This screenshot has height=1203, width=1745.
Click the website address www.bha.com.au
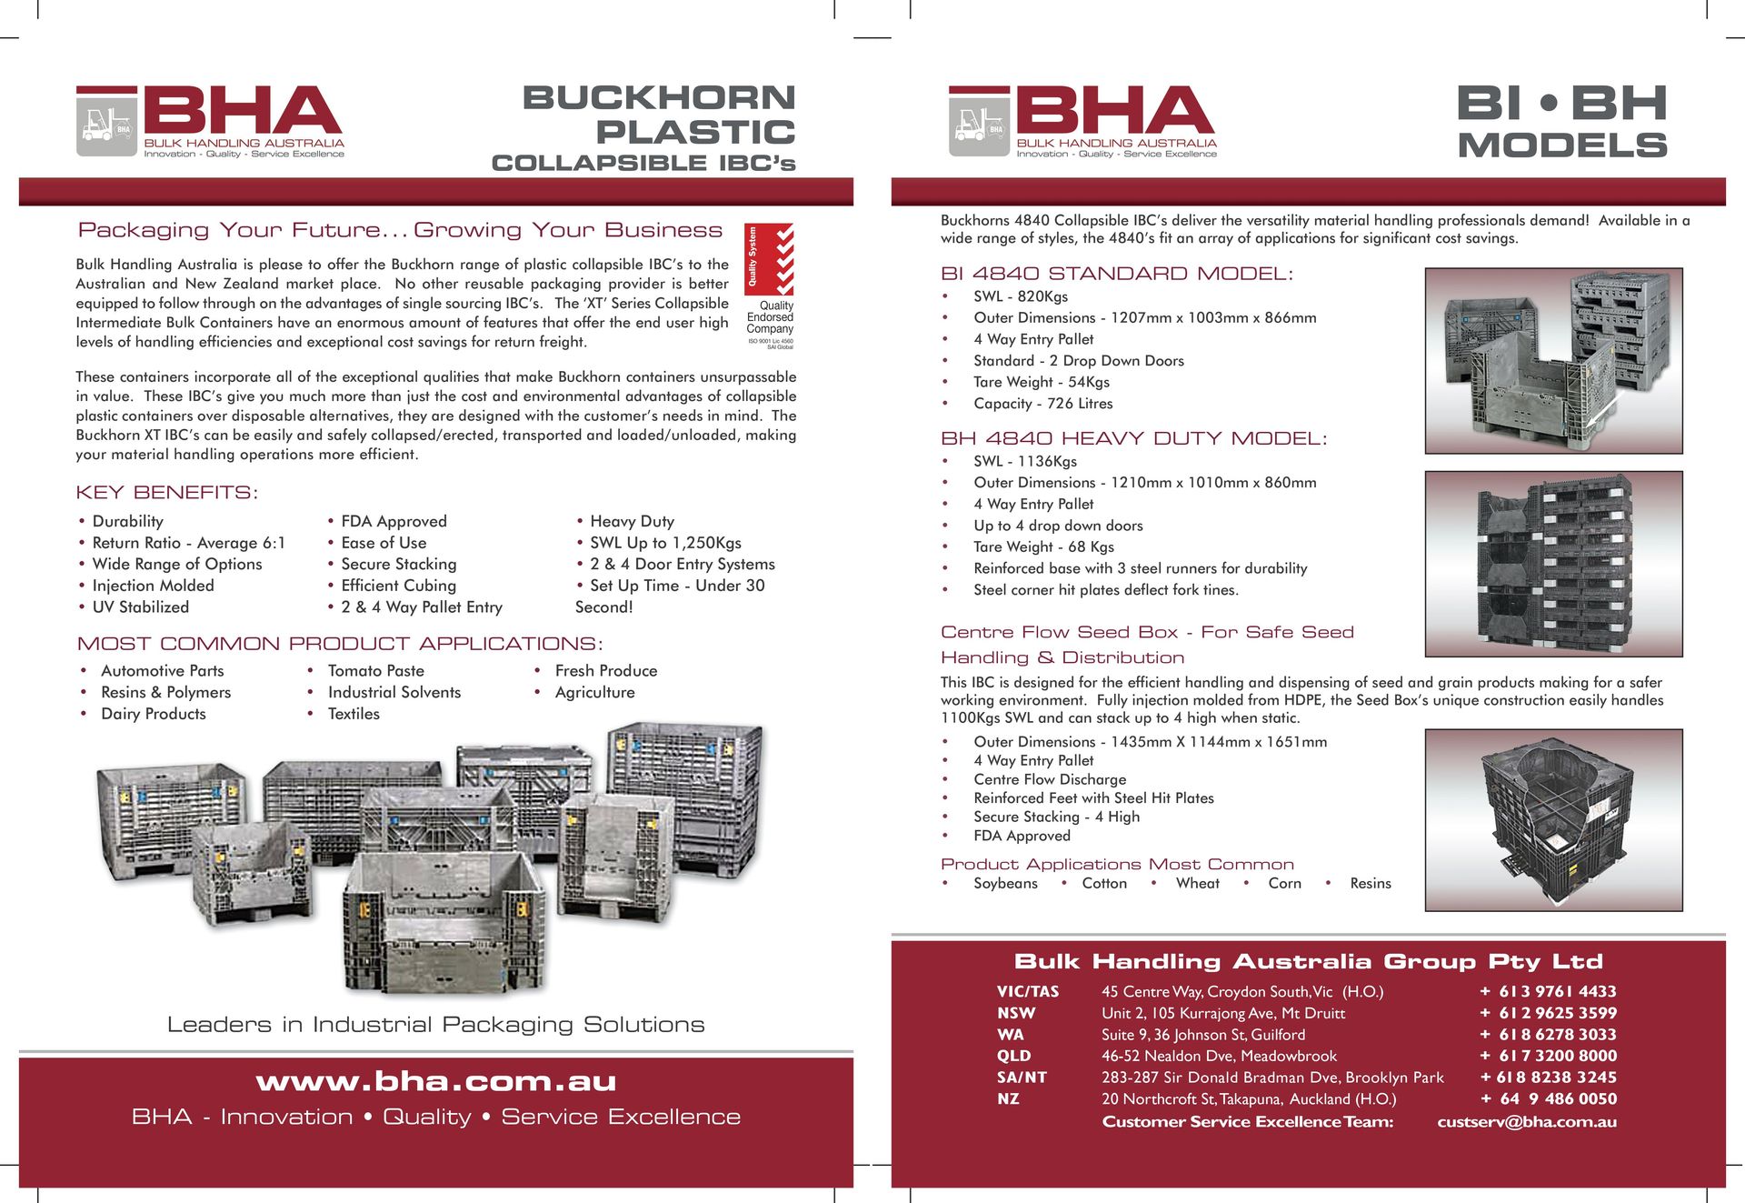point(436,1081)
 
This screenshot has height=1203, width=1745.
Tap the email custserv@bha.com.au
point(1527,1122)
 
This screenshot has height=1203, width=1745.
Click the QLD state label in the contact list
point(1013,1056)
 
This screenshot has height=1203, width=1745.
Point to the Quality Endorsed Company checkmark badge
point(769,259)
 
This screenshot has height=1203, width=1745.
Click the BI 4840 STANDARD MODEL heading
point(1116,274)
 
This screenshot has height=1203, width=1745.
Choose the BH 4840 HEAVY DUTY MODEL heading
point(1133,438)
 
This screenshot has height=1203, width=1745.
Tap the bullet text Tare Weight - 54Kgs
point(1042,382)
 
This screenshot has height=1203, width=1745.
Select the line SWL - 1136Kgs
point(1025,461)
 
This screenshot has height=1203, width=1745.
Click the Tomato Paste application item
point(375,671)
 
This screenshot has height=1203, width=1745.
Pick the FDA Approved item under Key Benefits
point(394,521)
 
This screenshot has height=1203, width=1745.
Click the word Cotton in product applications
point(1104,883)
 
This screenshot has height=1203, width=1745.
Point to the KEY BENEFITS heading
point(167,493)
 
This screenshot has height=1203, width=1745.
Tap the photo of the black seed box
point(1553,820)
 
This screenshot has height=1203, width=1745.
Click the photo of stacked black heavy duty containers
point(1553,564)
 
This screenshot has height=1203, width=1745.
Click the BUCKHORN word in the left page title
point(659,97)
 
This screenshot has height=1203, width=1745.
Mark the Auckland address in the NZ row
point(1249,1098)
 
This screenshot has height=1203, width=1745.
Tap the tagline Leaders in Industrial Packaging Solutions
point(436,1025)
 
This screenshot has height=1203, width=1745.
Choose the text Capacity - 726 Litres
point(1042,404)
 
